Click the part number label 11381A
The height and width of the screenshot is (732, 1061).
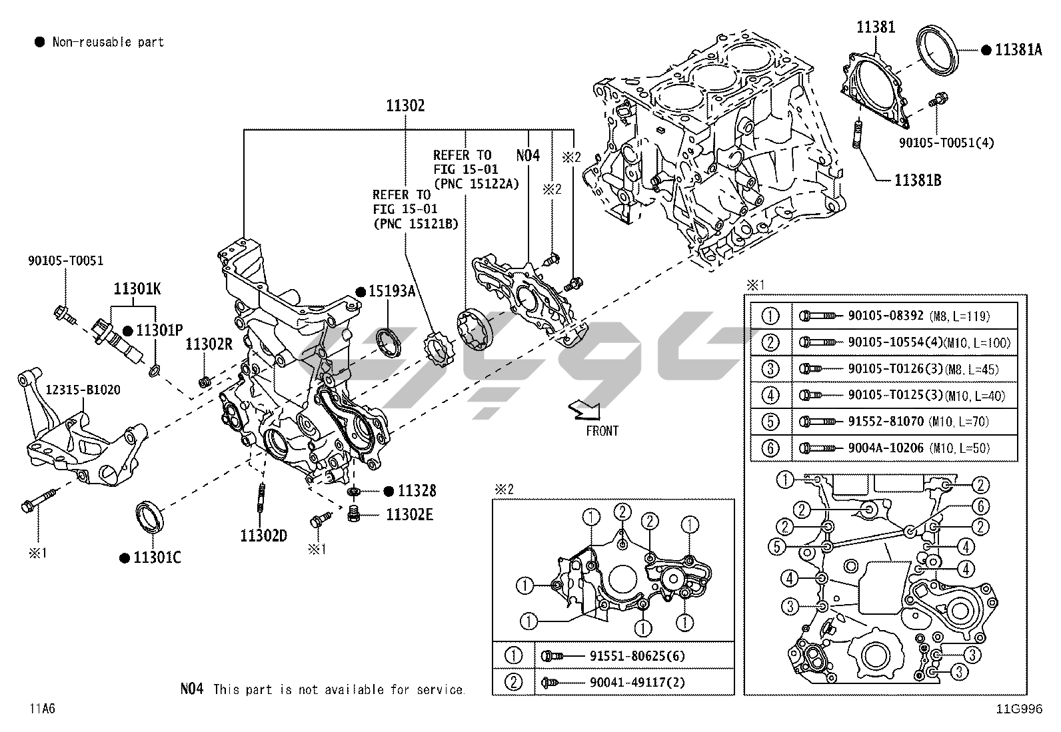[1018, 49]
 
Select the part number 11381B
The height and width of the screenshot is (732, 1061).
[918, 180]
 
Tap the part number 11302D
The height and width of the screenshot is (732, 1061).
[264, 535]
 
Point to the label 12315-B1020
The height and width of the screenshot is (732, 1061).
[83, 390]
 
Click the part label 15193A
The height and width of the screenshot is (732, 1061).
[395, 291]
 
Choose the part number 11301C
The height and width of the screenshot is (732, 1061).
[157, 557]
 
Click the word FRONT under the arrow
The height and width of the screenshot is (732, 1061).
[602, 431]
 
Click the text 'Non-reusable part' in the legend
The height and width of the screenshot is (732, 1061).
[108, 42]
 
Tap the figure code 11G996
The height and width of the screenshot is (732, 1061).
[1019, 709]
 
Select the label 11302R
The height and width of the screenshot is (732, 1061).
[209, 344]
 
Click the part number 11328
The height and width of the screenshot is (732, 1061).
[417, 492]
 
